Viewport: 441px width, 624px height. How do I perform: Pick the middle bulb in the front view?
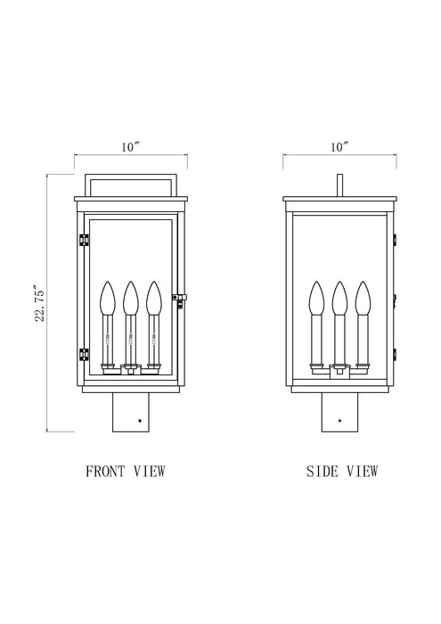point(131,298)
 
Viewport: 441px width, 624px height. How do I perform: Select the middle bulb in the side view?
point(339,298)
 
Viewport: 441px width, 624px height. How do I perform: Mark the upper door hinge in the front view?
point(84,241)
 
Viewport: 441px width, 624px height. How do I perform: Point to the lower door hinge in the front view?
point(84,355)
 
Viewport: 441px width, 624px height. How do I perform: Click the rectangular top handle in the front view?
point(131,183)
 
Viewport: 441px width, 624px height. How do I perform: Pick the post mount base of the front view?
point(131,413)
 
